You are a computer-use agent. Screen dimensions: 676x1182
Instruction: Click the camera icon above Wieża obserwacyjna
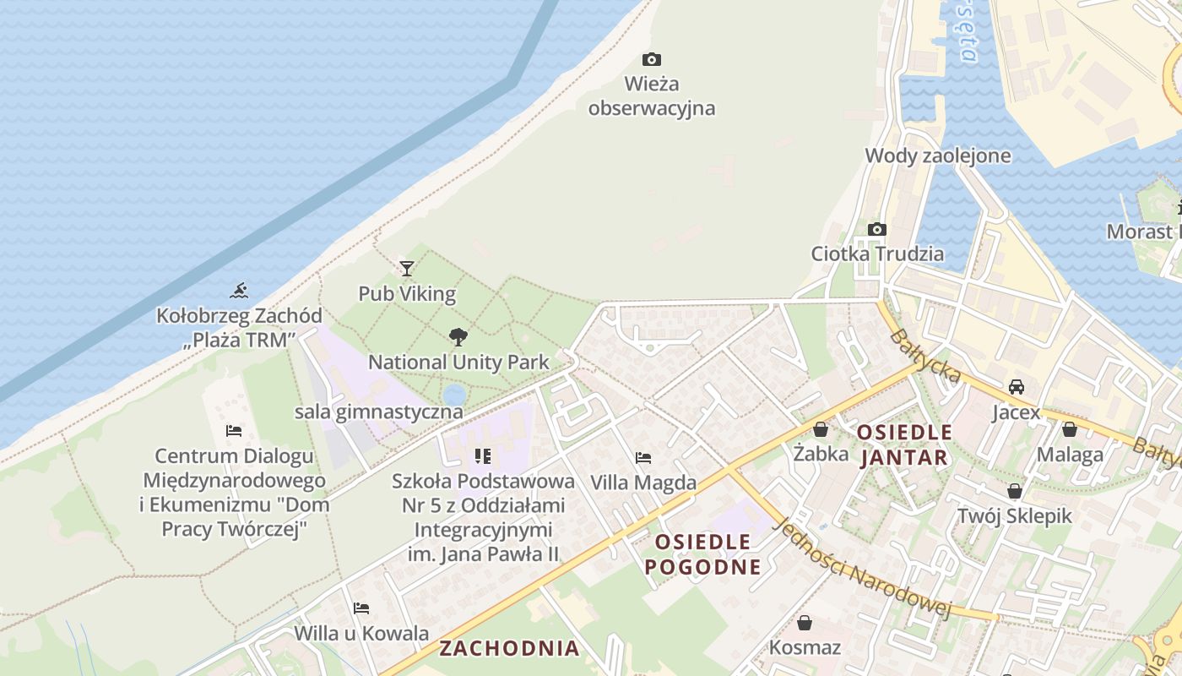click(651, 59)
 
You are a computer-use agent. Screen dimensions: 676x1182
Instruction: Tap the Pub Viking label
click(407, 294)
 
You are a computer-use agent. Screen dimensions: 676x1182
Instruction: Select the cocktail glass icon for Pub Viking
click(407, 269)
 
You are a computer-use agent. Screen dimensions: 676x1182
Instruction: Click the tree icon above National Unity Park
click(458, 337)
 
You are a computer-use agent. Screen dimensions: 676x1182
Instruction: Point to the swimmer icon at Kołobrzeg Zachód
click(239, 292)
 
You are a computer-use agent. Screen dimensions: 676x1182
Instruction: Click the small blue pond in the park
click(453, 394)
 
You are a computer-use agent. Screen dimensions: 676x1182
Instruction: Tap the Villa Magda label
click(643, 482)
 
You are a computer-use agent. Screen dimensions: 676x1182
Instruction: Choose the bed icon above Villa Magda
click(643, 458)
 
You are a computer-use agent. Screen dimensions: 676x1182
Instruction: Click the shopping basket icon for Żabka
click(820, 429)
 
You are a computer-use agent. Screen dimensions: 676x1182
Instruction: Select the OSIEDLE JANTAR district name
click(903, 445)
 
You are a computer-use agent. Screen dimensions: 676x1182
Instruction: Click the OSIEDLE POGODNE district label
click(702, 553)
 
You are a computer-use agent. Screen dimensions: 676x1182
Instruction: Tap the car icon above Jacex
click(1017, 387)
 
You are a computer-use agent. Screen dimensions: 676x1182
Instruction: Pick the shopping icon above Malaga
click(1070, 429)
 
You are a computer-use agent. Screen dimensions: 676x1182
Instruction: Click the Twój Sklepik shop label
click(1014, 515)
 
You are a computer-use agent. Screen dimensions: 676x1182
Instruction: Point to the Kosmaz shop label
click(805, 648)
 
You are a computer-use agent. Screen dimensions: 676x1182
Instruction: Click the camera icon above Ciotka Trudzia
click(877, 229)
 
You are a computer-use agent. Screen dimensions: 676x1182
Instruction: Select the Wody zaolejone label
click(937, 155)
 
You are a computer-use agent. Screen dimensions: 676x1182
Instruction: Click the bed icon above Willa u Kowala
click(361, 608)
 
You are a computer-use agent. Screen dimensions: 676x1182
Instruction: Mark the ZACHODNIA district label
click(509, 648)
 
